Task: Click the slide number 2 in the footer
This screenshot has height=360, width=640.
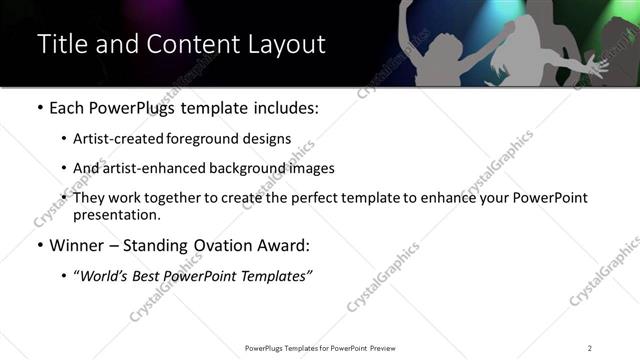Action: click(x=590, y=348)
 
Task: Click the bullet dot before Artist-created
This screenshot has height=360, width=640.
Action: click(x=64, y=139)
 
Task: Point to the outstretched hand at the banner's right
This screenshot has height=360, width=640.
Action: click(x=597, y=67)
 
